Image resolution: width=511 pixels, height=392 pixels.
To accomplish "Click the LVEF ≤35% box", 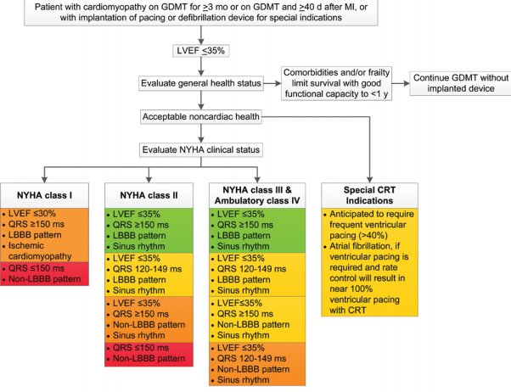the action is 200,51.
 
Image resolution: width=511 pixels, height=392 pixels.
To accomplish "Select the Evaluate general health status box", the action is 201,83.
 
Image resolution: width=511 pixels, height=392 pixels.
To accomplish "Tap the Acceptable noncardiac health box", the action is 200,116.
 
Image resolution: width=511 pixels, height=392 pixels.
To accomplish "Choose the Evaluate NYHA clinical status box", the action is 200,150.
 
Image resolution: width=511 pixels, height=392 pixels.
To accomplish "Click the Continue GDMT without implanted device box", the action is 460,83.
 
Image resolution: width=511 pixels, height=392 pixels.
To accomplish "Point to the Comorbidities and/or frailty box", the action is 336,83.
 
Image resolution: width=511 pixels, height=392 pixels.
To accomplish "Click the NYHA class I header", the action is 44,195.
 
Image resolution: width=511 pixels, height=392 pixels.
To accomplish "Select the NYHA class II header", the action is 149,195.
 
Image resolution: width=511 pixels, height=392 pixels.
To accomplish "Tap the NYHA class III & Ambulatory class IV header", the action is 257,195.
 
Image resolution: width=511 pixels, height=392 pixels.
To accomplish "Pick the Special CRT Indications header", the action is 369,195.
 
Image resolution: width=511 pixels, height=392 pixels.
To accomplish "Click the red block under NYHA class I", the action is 44,274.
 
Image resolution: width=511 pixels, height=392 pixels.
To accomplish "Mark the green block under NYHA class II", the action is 149,231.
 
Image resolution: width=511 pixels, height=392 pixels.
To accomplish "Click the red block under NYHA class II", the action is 149,354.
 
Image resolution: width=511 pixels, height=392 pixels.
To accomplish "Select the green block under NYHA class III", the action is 257,231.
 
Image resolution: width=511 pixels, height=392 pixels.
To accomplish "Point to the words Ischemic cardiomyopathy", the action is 40,251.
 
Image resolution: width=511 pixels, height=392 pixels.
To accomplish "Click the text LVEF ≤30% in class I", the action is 32,214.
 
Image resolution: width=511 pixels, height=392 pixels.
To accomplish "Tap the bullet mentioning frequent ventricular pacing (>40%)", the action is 368,225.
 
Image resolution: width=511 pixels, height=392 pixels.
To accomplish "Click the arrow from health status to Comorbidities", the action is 272,83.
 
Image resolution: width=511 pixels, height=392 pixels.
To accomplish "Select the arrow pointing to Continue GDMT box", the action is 401,83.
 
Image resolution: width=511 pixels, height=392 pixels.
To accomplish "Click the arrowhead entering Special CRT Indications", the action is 369,180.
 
